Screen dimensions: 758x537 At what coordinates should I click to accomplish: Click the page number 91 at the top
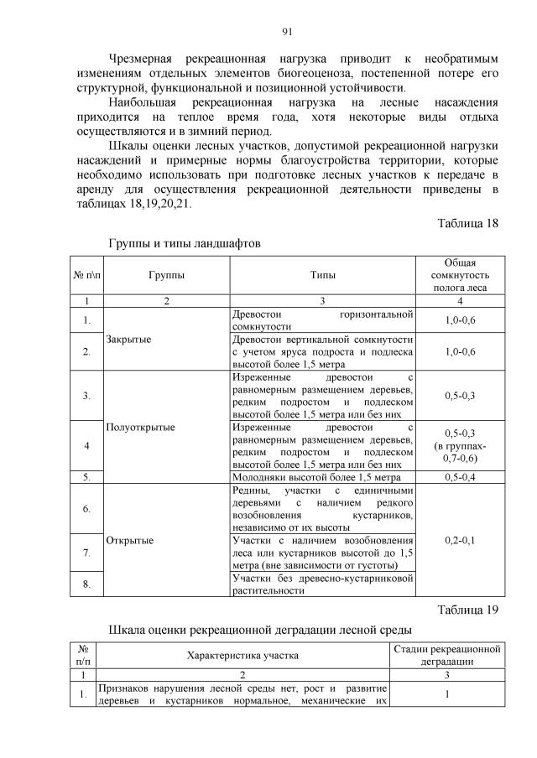[x=287, y=32]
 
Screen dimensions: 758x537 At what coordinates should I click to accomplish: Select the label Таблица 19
[x=468, y=609]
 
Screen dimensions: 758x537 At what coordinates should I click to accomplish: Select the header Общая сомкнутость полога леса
[x=460, y=275]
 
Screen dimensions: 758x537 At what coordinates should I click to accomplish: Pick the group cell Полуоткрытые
[x=141, y=427]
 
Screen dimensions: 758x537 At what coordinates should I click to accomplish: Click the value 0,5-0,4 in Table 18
[x=460, y=476]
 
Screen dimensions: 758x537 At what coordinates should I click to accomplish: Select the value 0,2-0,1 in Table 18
[x=460, y=540]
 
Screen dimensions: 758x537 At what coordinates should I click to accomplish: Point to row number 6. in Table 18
[x=87, y=508]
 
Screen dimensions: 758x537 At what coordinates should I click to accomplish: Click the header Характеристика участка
[x=242, y=656]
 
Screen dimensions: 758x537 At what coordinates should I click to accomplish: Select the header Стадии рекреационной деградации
[x=446, y=656]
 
